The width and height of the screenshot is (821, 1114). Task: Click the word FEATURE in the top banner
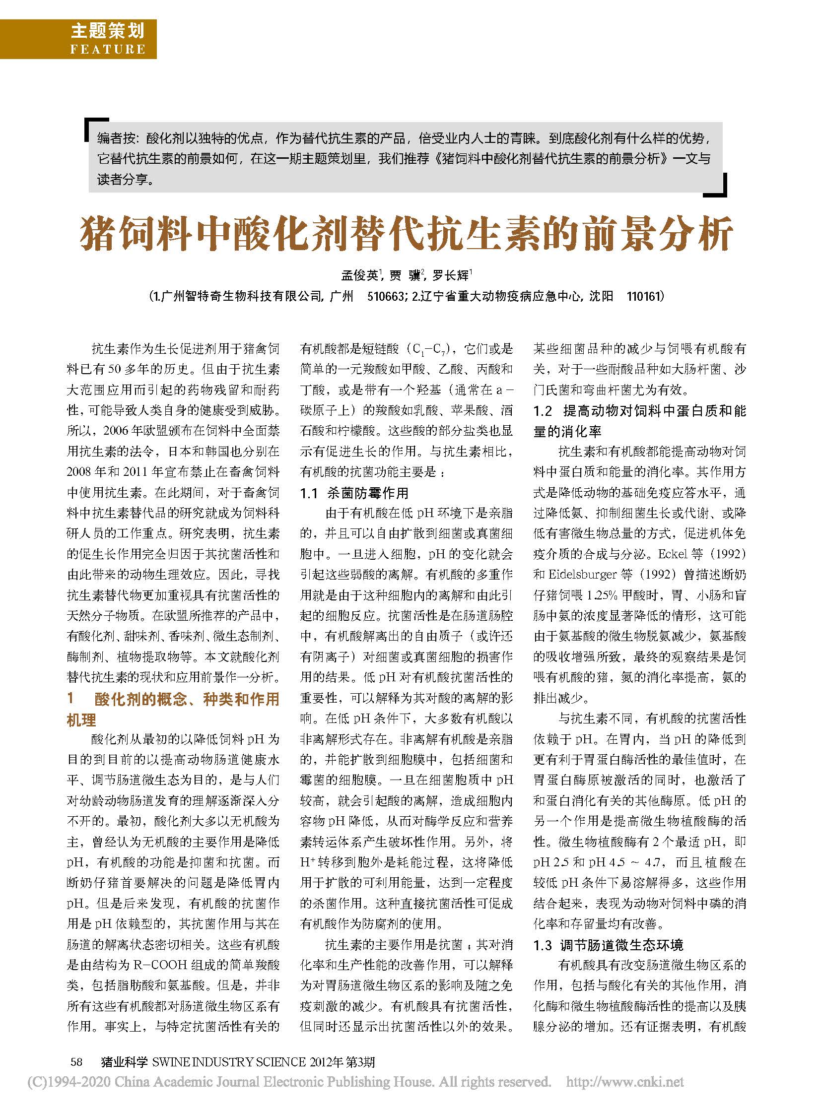pyautogui.click(x=108, y=49)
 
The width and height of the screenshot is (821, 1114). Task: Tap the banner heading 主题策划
pyautogui.click(x=107, y=31)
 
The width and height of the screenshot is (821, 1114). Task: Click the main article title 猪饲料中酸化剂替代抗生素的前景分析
pyautogui.click(x=406, y=233)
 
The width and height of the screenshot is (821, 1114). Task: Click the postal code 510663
pyautogui.click(x=385, y=297)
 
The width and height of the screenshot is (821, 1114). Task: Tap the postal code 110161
pyautogui.click(x=645, y=297)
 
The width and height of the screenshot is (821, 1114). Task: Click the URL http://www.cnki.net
pyautogui.click(x=625, y=1081)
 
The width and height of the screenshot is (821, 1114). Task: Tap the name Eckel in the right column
pyautogui.click(x=674, y=553)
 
